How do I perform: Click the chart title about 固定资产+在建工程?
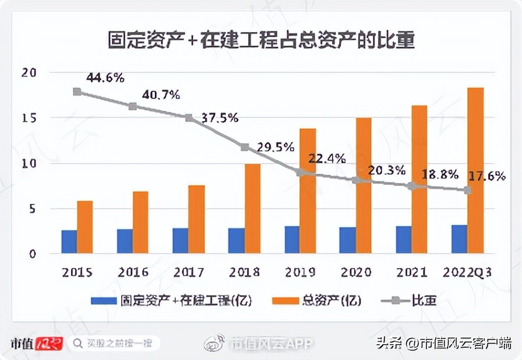pos(261,40)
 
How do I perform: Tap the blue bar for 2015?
pos(69,241)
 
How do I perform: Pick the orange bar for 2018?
pos(252,209)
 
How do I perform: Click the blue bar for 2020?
pos(347,240)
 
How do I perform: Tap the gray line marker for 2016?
pos(133,106)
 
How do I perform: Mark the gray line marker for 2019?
pos(301,173)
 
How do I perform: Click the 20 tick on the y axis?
pos(29,73)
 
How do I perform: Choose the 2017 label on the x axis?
pos(188,272)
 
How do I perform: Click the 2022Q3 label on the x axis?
pos(468,272)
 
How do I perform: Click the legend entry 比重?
pos(424,301)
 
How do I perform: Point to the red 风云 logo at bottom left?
pos(49,343)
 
